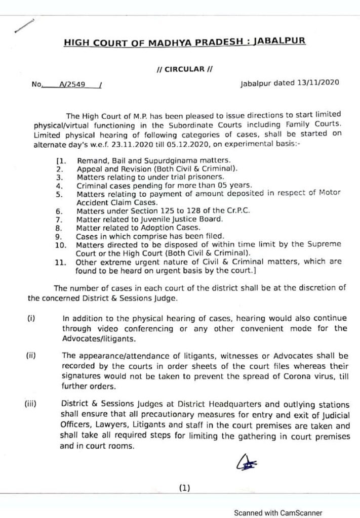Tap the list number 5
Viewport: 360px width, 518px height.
pos(60,194)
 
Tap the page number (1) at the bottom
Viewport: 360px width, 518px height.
pos(184,488)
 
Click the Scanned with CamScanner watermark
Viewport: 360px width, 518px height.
pos(277,512)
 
